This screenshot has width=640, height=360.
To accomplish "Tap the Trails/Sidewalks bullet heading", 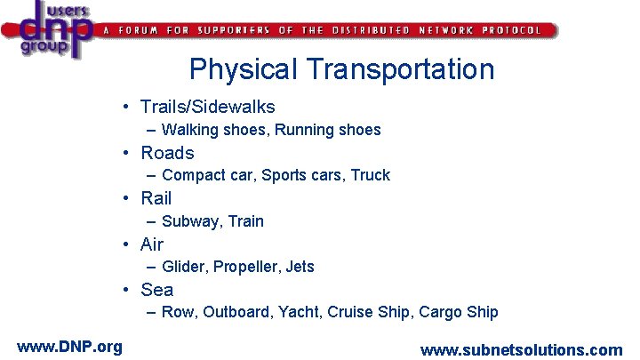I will (x=207, y=107).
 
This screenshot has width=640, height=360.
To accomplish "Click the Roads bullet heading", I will (x=167, y=152).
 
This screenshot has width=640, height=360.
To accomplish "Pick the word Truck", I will (x=371, y=175).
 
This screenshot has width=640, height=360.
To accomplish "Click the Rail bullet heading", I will (x=156, y=197).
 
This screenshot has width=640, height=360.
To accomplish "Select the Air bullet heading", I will (x=152, y=244).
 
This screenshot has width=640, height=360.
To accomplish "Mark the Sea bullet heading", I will (x=157, y=289).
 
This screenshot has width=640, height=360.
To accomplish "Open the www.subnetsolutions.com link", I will (x=521, y=349).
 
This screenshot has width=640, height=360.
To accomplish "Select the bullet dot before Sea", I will (x=129, y=290).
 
